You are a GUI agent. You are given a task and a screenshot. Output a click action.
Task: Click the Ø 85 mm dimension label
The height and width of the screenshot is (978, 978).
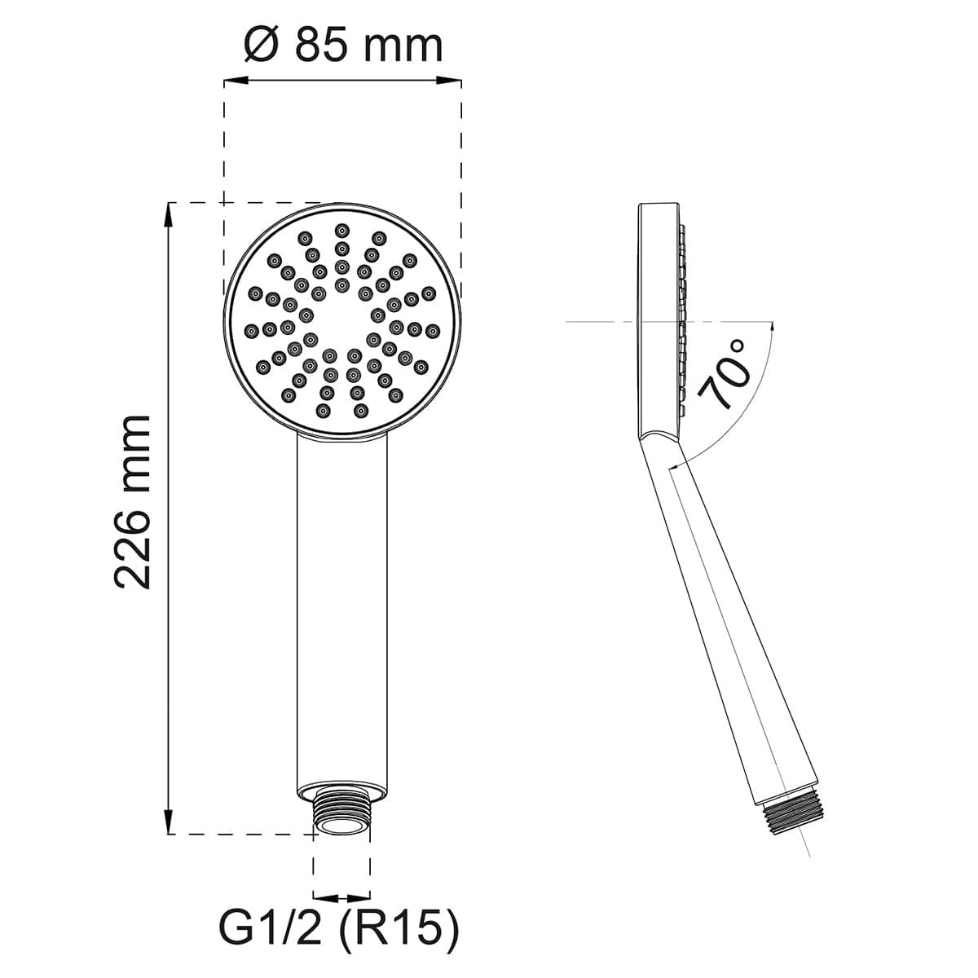tap(344, 45)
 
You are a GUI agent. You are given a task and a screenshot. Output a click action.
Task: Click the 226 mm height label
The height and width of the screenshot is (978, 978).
tap(132, 502)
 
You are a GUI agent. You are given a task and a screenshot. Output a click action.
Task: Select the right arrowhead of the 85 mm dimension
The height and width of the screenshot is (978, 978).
tap(448, 80)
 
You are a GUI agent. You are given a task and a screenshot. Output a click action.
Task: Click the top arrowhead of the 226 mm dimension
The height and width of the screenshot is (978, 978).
tap(168, 215)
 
